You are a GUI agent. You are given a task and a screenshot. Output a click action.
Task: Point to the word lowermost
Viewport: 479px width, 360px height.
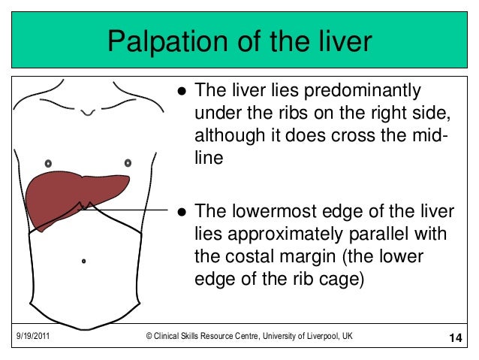coord(269,211)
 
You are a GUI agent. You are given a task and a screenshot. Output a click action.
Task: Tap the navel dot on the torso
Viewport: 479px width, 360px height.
coord(84,261)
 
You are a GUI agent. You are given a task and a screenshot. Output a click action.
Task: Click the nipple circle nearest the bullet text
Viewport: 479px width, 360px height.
coord(128,162)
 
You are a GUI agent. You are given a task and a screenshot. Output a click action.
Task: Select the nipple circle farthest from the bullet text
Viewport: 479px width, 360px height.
coord(48,162)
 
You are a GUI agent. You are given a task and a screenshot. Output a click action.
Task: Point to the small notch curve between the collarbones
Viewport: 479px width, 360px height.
coord(88,113)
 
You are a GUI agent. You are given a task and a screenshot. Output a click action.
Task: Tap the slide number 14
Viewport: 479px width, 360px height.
coord(453,337)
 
